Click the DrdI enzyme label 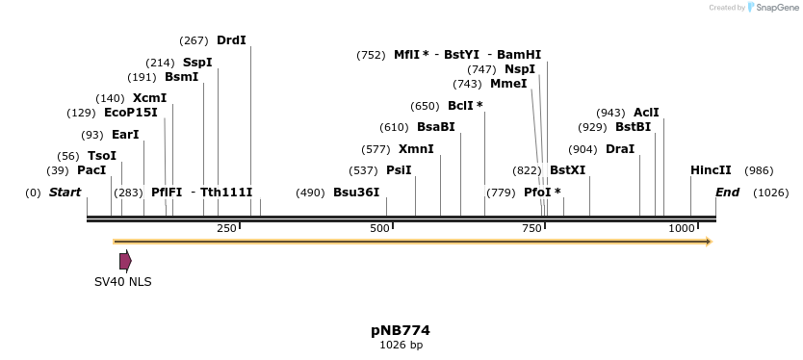231,40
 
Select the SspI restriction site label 197,63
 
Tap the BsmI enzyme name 181,77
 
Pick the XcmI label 149,98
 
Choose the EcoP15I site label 130,113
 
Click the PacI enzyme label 91,170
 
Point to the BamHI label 519,55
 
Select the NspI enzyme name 520,69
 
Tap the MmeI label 508,84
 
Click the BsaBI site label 435,127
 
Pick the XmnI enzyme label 416,149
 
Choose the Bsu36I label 356,193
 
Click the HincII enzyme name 711,170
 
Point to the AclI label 646,113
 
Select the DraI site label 620,149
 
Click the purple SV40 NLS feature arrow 125,261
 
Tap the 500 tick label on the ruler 380,228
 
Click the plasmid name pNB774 401,330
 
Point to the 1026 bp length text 401,345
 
